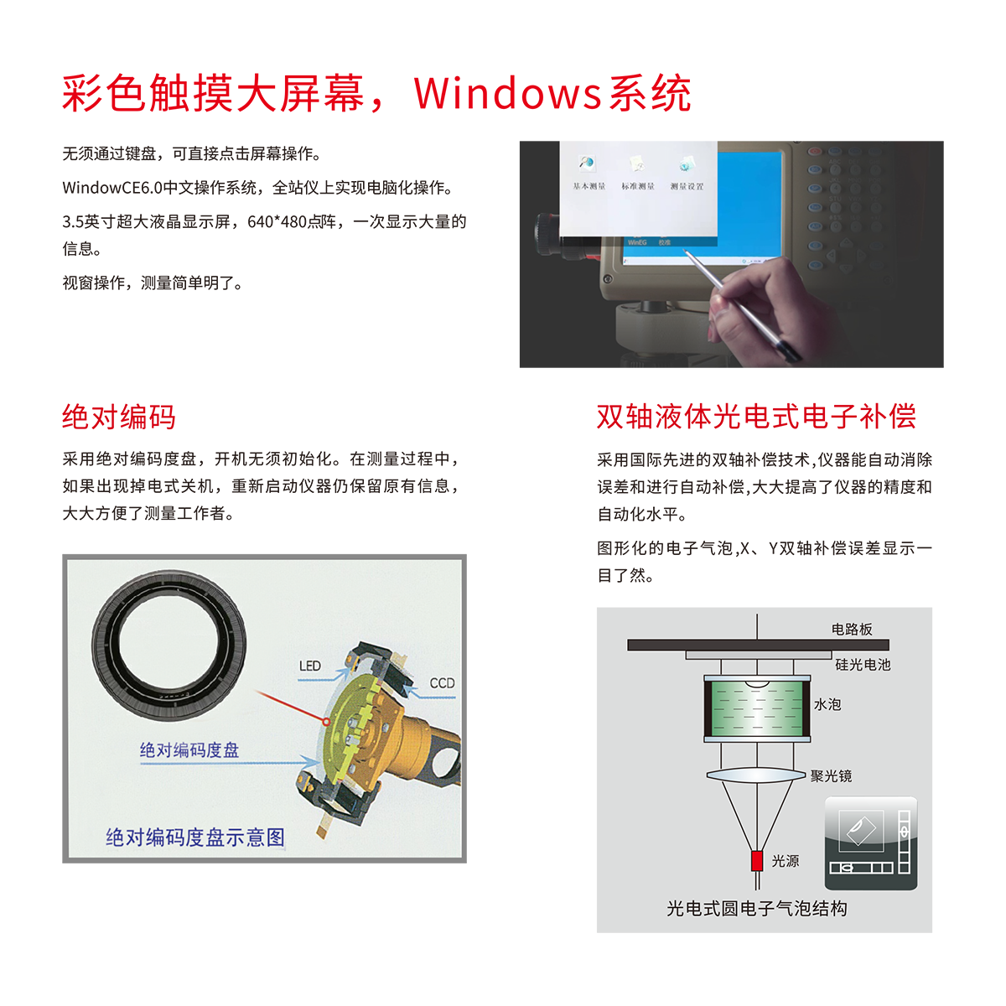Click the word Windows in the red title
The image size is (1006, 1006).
[507, 93]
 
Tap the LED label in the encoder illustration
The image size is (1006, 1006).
[309, 666]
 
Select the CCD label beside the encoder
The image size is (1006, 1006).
[442, 683]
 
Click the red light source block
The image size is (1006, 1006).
[756, 860]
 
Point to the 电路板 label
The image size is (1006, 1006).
[852, 629]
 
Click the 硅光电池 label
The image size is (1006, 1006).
[863, 665]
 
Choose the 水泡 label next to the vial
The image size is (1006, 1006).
[827, 704]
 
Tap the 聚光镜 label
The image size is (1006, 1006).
[831, 775]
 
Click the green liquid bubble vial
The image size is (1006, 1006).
[757, 708]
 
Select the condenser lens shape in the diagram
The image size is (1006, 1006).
[756, 775]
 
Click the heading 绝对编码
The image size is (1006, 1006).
[118, 417]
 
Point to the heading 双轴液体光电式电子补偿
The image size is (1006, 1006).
[756, 417]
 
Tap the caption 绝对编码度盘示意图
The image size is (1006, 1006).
[195, 837]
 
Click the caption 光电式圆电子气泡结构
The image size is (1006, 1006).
[756, 909]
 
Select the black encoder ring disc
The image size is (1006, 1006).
[169, 644]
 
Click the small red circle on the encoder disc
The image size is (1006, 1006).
[326, 722]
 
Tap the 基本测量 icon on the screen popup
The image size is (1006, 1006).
[589, 174]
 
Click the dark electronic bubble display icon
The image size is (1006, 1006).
[871, 843]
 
